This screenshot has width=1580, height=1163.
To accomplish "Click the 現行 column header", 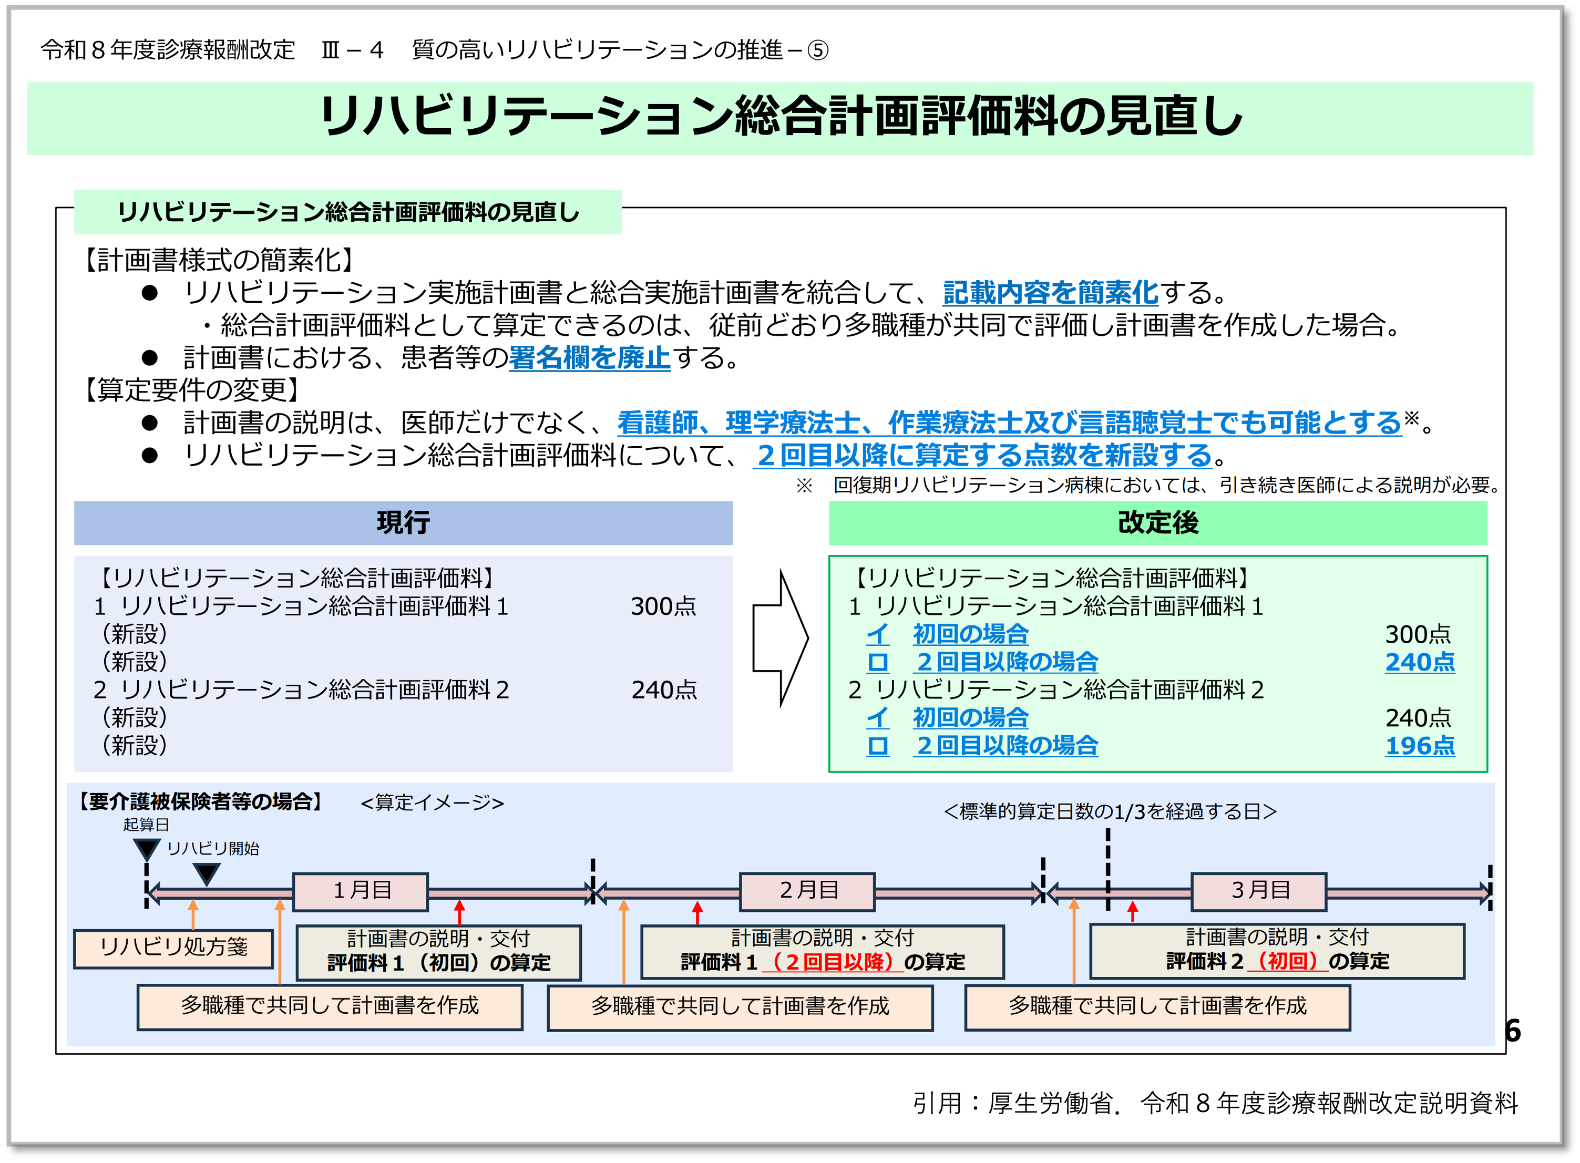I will click(x=403, y=522).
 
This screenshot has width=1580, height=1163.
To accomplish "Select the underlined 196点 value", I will click(x=1420, y=746).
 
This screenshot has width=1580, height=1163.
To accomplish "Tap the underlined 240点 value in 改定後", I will click(x=1420, y=662).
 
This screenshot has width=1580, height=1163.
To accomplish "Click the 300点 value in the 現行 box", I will click(x=663, y=606).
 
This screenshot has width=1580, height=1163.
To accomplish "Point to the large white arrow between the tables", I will click(x=780, y=638).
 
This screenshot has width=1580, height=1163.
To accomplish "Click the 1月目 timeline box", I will click(x=361, y=891).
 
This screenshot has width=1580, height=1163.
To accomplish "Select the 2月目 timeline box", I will click(x=807, y=891).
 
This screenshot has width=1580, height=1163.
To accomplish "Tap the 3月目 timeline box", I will click(x=1258, y=891).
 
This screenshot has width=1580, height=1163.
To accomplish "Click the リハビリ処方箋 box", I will click(x=173, y=948).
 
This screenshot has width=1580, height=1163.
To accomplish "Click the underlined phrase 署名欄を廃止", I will click(x=589, y=358).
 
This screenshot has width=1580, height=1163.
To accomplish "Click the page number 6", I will click(x=1512, y=1031).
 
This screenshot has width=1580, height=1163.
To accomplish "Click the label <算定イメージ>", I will click(x=432, y=802).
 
